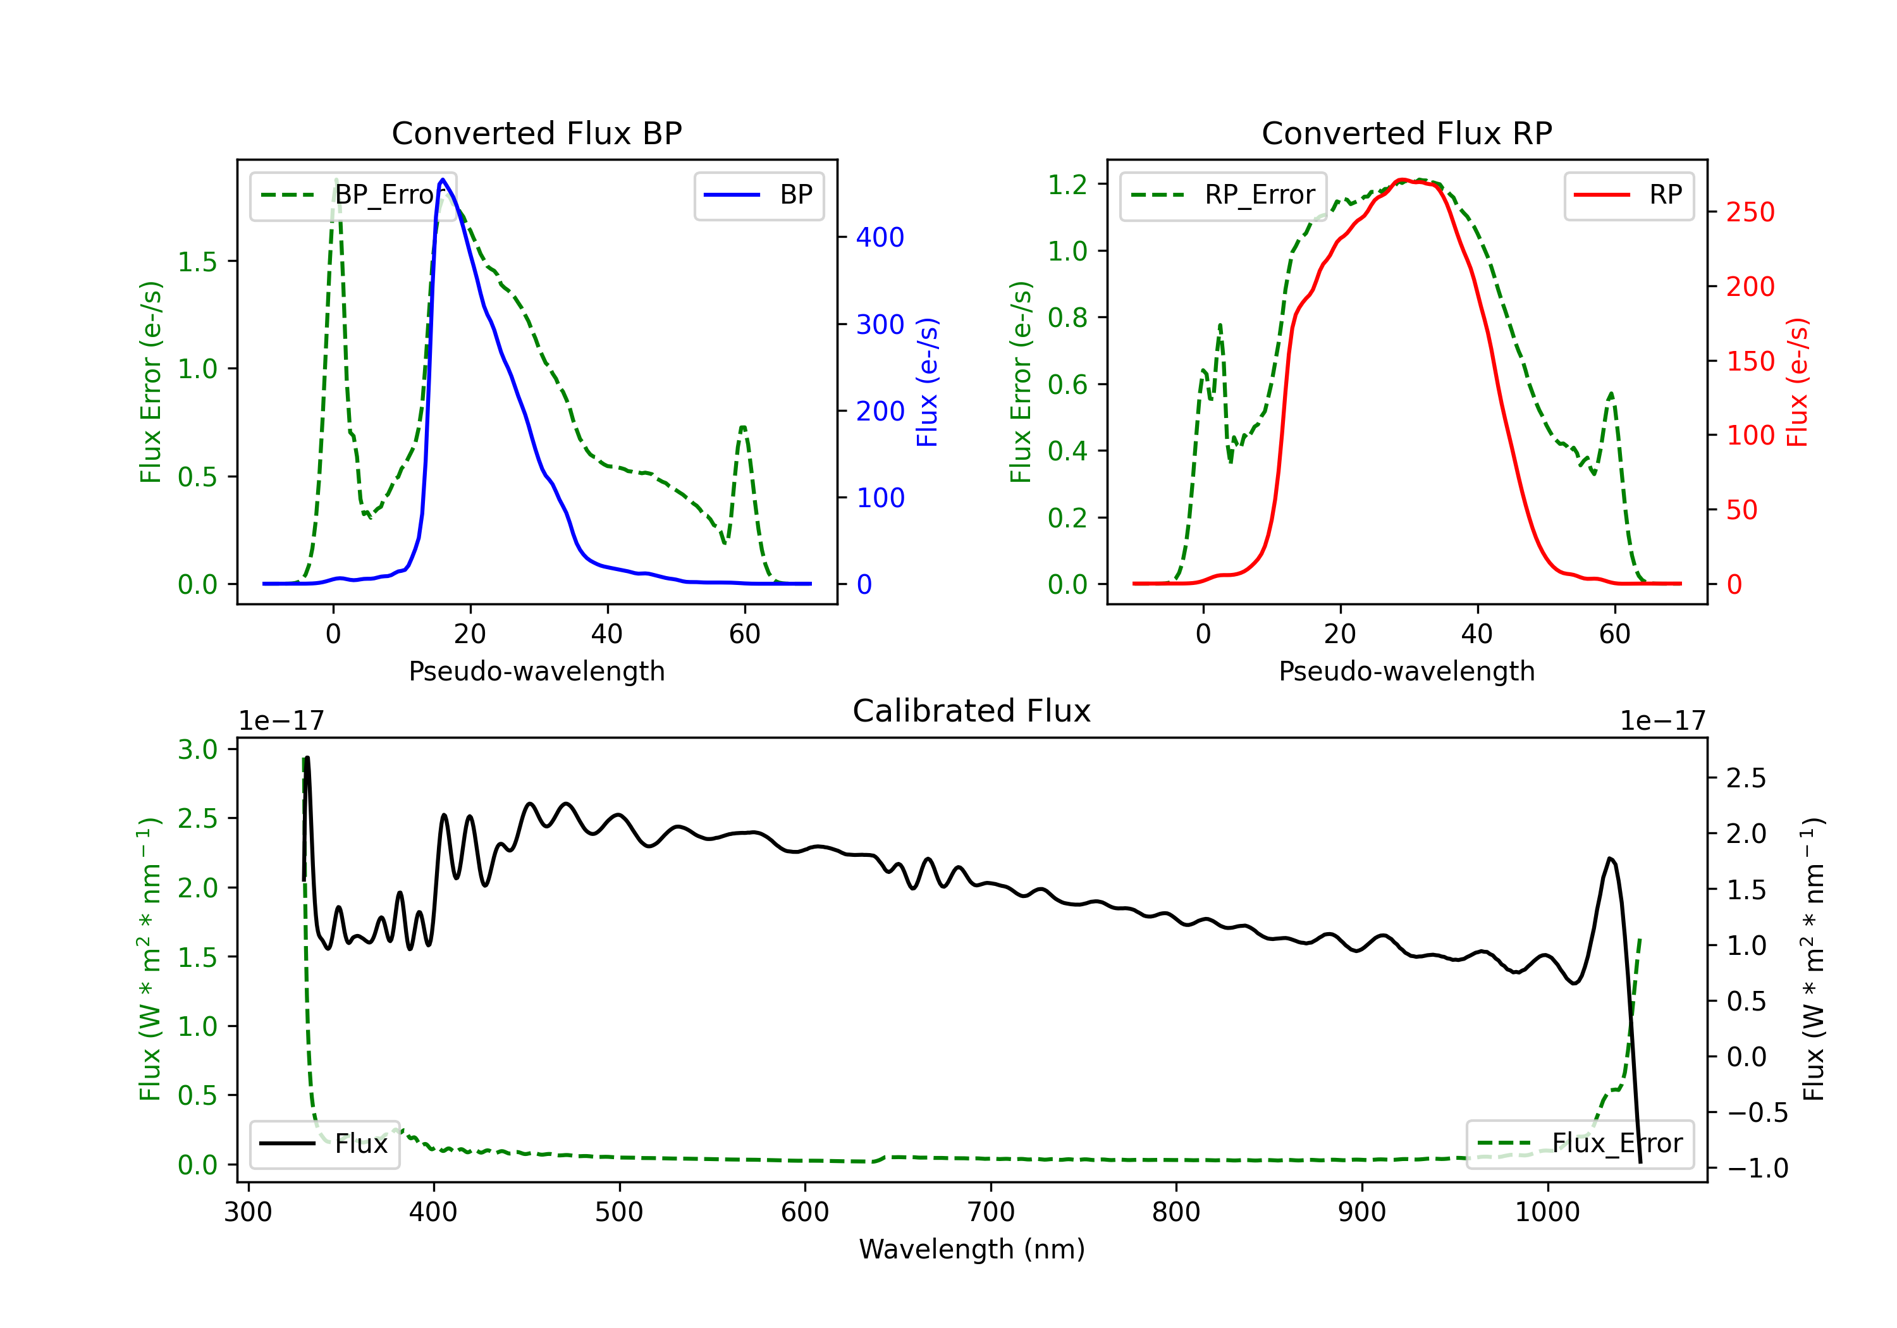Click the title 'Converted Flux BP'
point(537,133)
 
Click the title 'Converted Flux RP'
point(1407,133)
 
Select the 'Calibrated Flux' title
point(972,711)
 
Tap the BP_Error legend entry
point(353,195)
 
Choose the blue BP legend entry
point(758,195)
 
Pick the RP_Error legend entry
point(1223,195)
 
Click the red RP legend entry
point(1628,195)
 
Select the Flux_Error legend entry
point(1580,1144)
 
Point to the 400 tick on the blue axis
point(880,238)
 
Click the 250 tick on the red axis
point(1750,212)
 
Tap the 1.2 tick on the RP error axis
point(1067,184)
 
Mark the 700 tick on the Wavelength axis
point(991,1212)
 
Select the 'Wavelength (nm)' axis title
point(972,1249)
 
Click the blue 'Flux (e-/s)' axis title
point(927,383)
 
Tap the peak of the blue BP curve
point(443,180)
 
